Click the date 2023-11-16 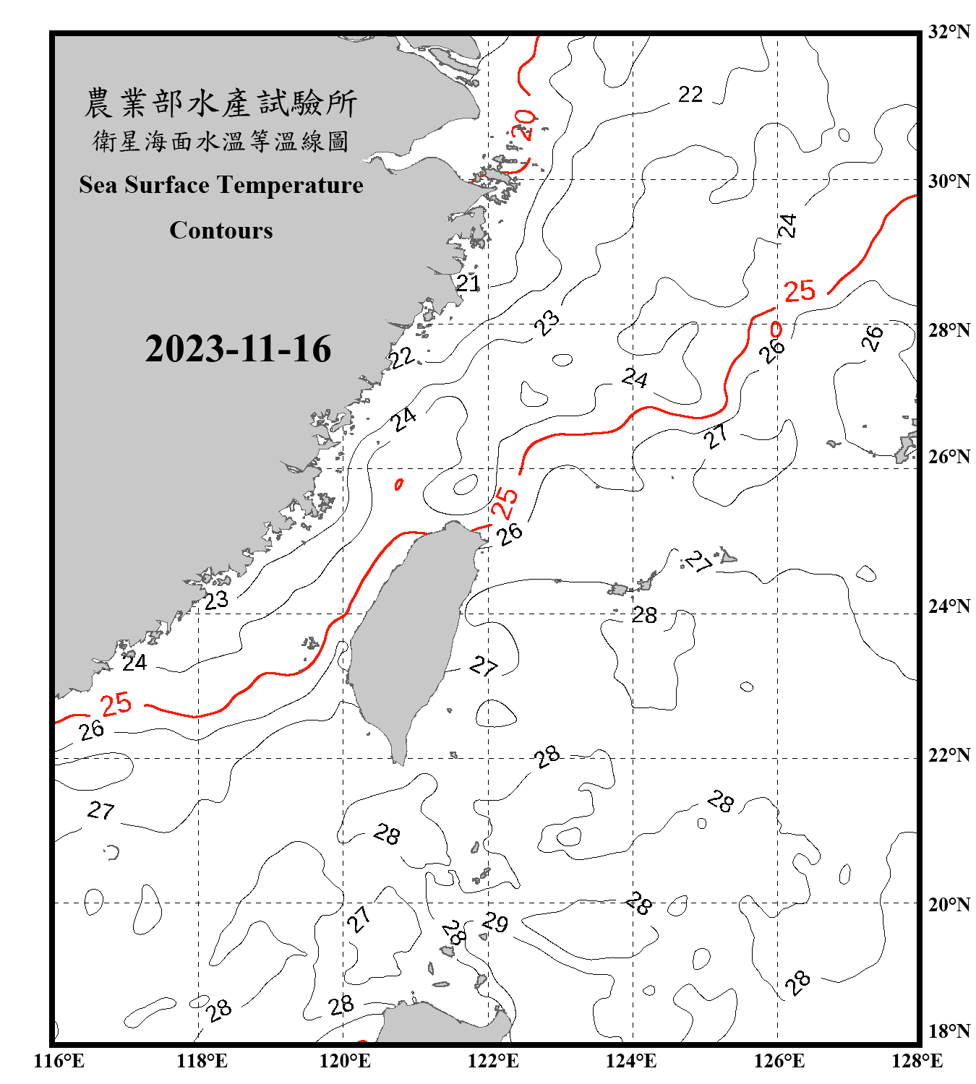click(x=238, y=349)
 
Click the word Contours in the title click(x=221, y=230)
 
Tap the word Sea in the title click(x=99, y=185)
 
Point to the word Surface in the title click(x=167, y=185)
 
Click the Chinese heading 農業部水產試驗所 click(x=221, y=103)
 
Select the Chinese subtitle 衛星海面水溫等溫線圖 click(x=221, y=141)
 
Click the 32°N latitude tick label click(x=949, y=32)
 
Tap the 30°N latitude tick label click(x=949, y=181)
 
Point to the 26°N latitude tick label click(x=949, y=457)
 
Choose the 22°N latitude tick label click(x=949, y=755)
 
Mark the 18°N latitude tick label click(x=949, y=1031)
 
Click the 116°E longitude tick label click(x=59, y=1061)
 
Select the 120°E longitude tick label click(x=345, y=1061)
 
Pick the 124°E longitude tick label click(x=631, y=1061)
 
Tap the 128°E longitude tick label click(x=917, y=1061)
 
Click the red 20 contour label click(x=523, y=124)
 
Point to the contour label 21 click(x=468, y=283)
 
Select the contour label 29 click(x=496, y=923)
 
